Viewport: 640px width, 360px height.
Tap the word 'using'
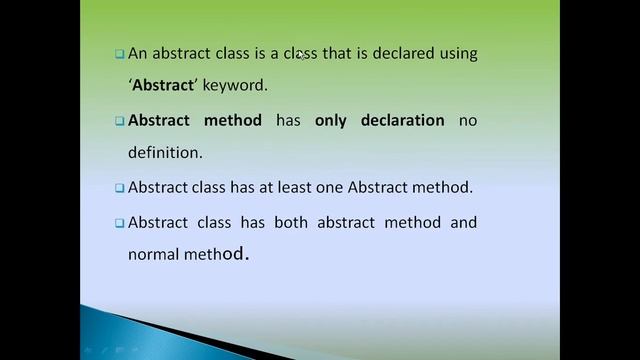click(x=458, y=53)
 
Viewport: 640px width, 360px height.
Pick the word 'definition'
click(x=164, y=153)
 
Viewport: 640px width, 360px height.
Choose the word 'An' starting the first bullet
click(x=137, y=53)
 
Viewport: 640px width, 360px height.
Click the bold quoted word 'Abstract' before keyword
click(x=162, y=86)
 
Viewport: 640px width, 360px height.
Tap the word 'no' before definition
click(x=468, y=120)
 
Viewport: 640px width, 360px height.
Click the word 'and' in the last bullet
click(x=464, y=221)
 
